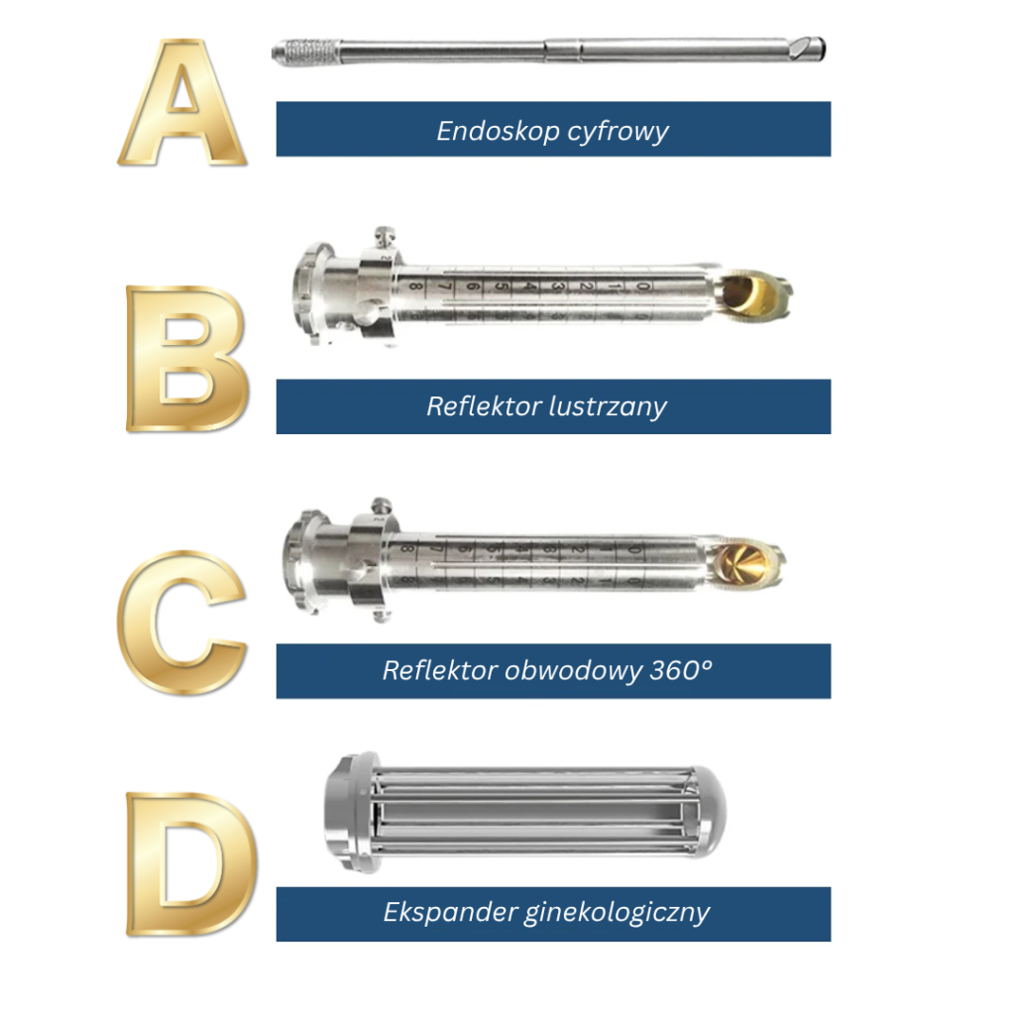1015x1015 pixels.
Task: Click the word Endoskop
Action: point(498,132)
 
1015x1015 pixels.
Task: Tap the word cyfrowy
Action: point(619,133)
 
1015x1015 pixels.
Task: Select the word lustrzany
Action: point(608,407)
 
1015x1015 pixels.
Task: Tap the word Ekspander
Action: point(449,913)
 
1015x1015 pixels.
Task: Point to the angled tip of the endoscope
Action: point(807,48)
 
